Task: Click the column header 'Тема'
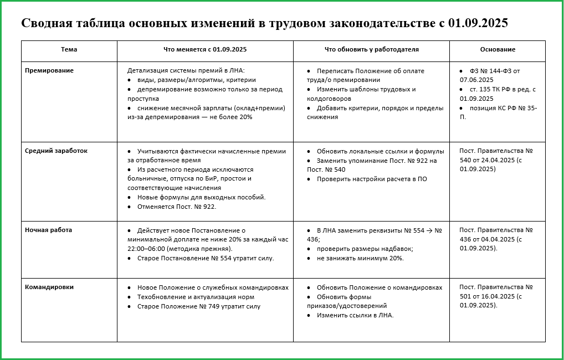tap(69, 49)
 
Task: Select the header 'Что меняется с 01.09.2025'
tap(205, 49)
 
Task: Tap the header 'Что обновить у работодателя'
tap(371, 49)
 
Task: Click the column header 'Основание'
tap(497, 49)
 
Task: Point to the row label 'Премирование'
tap(49, 70)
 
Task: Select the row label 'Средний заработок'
tap(57, 150)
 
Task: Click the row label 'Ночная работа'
tap(49, 229)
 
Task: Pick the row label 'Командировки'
tap(49, 287)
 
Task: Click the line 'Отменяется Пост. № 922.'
tap(177, 206)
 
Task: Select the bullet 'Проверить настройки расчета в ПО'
tap(372, 179)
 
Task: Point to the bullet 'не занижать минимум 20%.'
tap(360, 258)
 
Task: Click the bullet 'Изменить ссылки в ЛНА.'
tap(355, 315)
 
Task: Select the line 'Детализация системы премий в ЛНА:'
tap(186, 70)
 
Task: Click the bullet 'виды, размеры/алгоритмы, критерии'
tap(192, 80)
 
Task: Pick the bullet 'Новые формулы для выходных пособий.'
tap(202, 197)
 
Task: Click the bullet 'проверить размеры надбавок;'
tap(365, 249)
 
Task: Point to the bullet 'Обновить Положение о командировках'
tap(380, 287)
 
